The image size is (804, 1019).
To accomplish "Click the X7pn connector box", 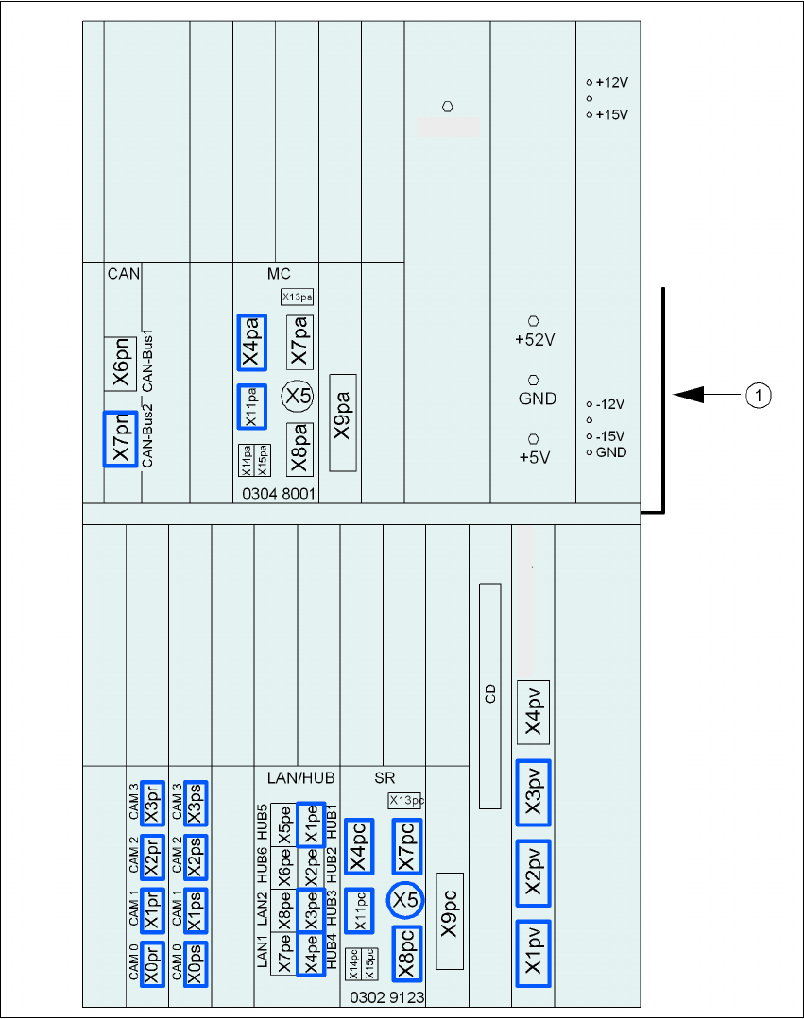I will click(x=121, y=439).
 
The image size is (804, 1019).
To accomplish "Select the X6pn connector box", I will click(x=121, y=364).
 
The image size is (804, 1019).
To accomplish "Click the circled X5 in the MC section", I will click(x=299, y=396).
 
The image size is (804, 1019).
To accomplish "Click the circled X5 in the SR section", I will click(x=405, y=900).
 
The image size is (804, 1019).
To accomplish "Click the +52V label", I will click(x=534, y=340).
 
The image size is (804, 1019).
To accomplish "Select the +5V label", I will click(x=534, y=457).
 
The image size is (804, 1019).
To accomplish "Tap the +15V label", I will click(x=612, y=114).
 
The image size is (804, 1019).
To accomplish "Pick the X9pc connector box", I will click(x=449, y=921).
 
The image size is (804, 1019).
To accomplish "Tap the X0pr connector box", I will click(x=150, y=964).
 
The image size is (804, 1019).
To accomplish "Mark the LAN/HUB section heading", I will click(x=295, y=778).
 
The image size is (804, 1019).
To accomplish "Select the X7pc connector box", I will click(x=405, y=846).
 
